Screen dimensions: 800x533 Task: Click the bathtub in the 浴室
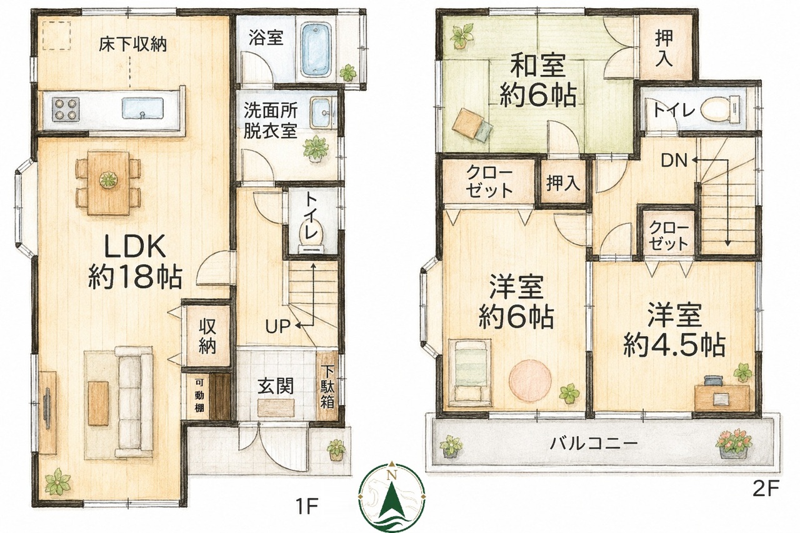point(317,49)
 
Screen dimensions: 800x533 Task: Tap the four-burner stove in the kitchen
point(66,108)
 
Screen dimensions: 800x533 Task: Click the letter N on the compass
point(392,475)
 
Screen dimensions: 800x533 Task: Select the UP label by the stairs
point(277,326)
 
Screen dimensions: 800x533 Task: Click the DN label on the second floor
point(674,161)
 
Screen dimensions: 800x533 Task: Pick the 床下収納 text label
point(133,45)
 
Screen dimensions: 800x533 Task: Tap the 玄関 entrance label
point(276,386)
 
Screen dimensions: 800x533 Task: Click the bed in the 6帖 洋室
point(469,372)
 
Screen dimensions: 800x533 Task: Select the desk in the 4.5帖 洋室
point(722,397)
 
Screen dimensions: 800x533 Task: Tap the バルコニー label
point(594,444)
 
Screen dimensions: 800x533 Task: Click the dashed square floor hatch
point(57,36)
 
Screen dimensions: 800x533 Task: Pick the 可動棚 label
point(199,396)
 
